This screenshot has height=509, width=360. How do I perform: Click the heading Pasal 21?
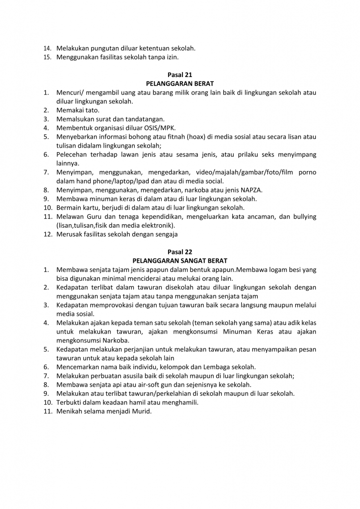tap(180, 75)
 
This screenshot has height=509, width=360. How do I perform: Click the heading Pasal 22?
tap(180, 252)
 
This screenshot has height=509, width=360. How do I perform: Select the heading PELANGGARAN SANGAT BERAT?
tap(180, 261)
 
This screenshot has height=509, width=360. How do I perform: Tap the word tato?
tap(92, 110)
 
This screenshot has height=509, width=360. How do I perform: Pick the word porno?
tap(306, 172)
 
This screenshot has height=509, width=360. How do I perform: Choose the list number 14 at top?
tap(47, 48)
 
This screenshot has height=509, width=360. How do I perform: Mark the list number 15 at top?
tap(47, 57)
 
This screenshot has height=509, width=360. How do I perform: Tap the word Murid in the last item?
tap(140, 412)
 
